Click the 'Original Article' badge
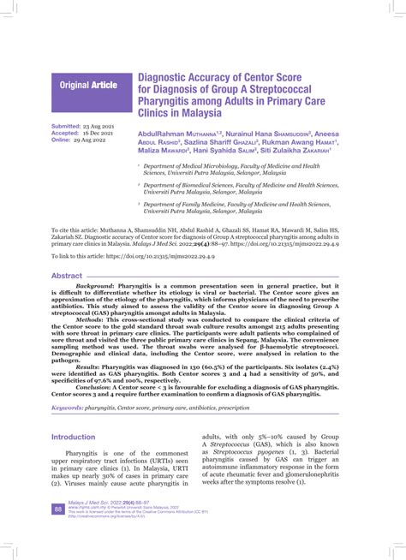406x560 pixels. point(87,85)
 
